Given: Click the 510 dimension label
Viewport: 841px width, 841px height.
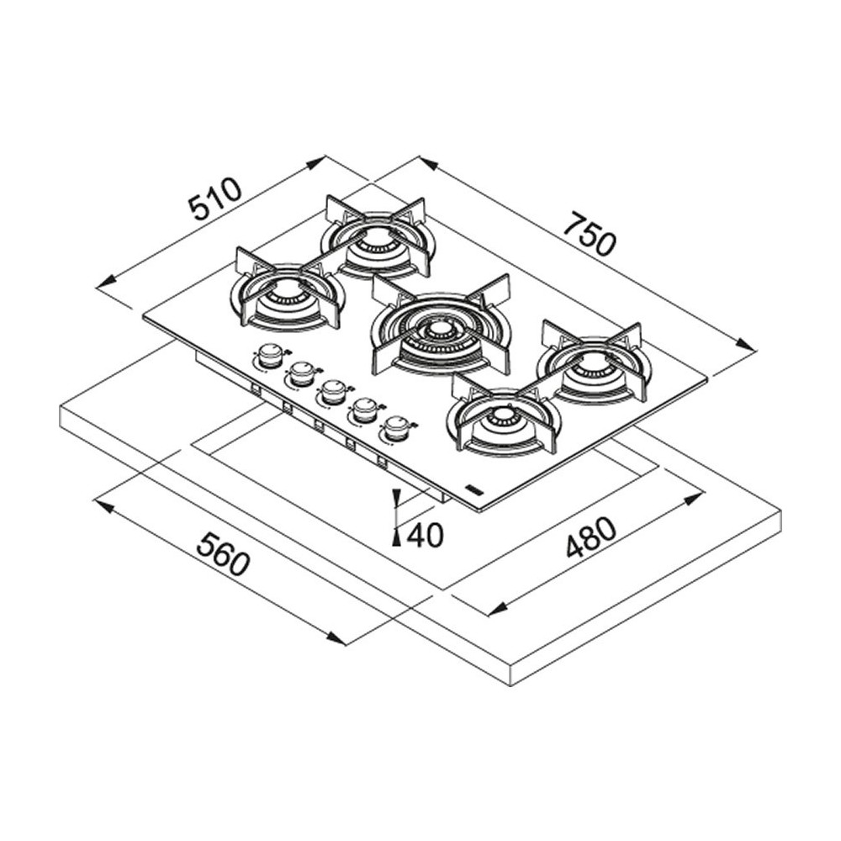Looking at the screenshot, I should click(x=214, y=199).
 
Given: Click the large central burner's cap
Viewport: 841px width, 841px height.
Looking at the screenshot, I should click(x=438, y=330).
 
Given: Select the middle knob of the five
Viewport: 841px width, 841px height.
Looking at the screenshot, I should click(x=333, y=390).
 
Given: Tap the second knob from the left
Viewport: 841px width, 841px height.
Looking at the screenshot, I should click(x=301, y=373).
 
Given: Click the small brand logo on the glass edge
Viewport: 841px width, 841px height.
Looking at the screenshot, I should click(x=474, y=489).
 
